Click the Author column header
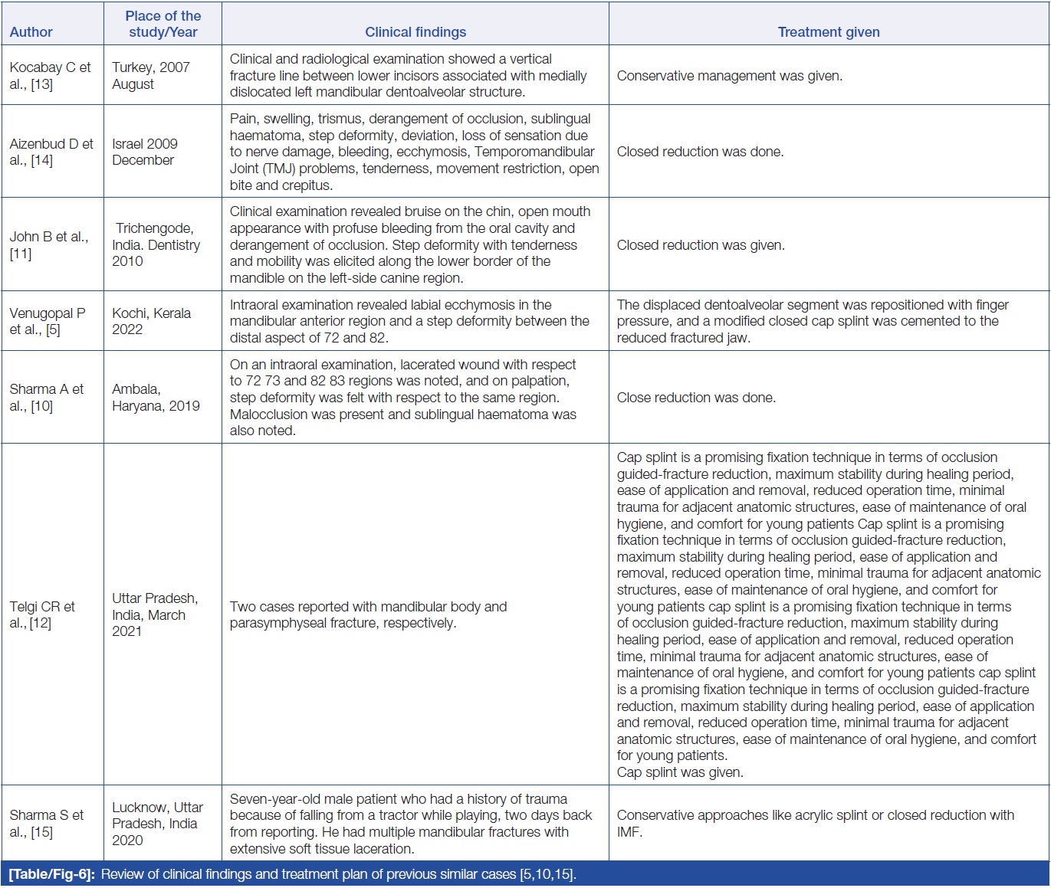click(x=31, y=32)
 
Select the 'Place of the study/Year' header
click(x=163, y=24)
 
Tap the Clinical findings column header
click(x=415, y=32)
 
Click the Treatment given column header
click(x=829, y=32)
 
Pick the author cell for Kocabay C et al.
click(x=51, y=76)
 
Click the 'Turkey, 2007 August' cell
click(x=151, y=76)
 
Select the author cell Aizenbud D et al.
click(x=51, y=152)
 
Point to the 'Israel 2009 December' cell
click(x=145, y=152)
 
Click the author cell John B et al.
click(x=49, y=245)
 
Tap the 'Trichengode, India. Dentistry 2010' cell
click(x=156, y=244)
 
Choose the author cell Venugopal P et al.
click(x=48, y=321)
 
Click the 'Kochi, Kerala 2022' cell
click(x=151, y=321)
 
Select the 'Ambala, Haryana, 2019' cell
click(x=156, y=398)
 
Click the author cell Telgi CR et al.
click(x=42, y=614)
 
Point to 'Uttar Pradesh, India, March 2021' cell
click(x=155, y=614)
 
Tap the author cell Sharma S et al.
click(x=47, y=823)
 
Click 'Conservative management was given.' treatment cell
click(x=729, y=76)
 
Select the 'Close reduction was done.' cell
click(x=696, y=398)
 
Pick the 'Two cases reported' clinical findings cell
click(x=368, y=614)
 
